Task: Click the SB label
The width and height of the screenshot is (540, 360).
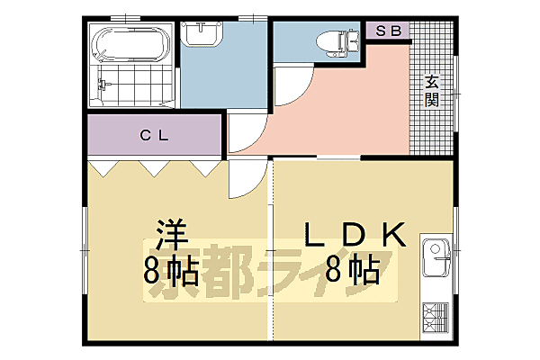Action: pyautogui.click(x=388, y=31)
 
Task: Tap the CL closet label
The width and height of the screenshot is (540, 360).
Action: pyautogui.click(x=154, y=136)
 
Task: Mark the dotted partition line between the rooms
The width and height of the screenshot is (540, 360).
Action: pyautogui.click(x=271, y=252)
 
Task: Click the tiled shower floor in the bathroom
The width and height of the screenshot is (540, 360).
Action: pyautogui.click(x=135, y=85)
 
